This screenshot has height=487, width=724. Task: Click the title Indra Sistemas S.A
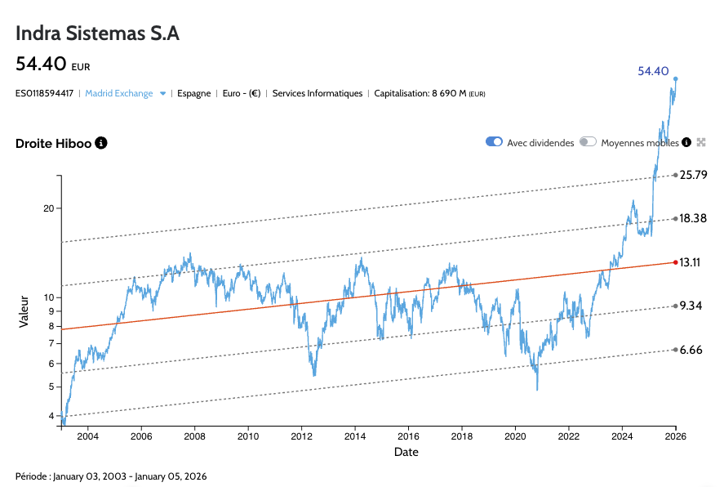click(97, 34)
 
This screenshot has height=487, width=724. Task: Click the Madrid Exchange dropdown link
click(119, 93)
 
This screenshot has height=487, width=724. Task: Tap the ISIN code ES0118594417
click(44, 93)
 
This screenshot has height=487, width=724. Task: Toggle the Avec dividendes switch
click(494, 141)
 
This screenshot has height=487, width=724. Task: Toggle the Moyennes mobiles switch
click(588, 141)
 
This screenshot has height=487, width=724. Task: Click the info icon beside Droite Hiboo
click(101, 143)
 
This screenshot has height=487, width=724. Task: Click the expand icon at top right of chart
click(700, 141)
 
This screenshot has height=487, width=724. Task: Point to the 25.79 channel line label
click(693, 175)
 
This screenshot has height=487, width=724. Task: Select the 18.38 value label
click(693, 218)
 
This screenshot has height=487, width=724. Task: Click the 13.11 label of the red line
click(691, 262)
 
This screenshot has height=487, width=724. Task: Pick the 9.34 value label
click(691, 306)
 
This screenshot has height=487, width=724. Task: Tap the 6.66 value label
click(691, 350)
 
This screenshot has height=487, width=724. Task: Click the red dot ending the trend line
click(675, 262)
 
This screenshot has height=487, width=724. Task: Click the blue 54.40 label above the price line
click(653, 71)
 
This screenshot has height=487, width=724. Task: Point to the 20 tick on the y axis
click(47, 208)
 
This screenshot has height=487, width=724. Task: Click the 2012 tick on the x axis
click(302, 437)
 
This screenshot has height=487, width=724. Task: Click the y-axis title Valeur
click(24, 311)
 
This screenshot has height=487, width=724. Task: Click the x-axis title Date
click(406, 452)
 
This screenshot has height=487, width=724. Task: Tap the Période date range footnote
click(111, 476)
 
